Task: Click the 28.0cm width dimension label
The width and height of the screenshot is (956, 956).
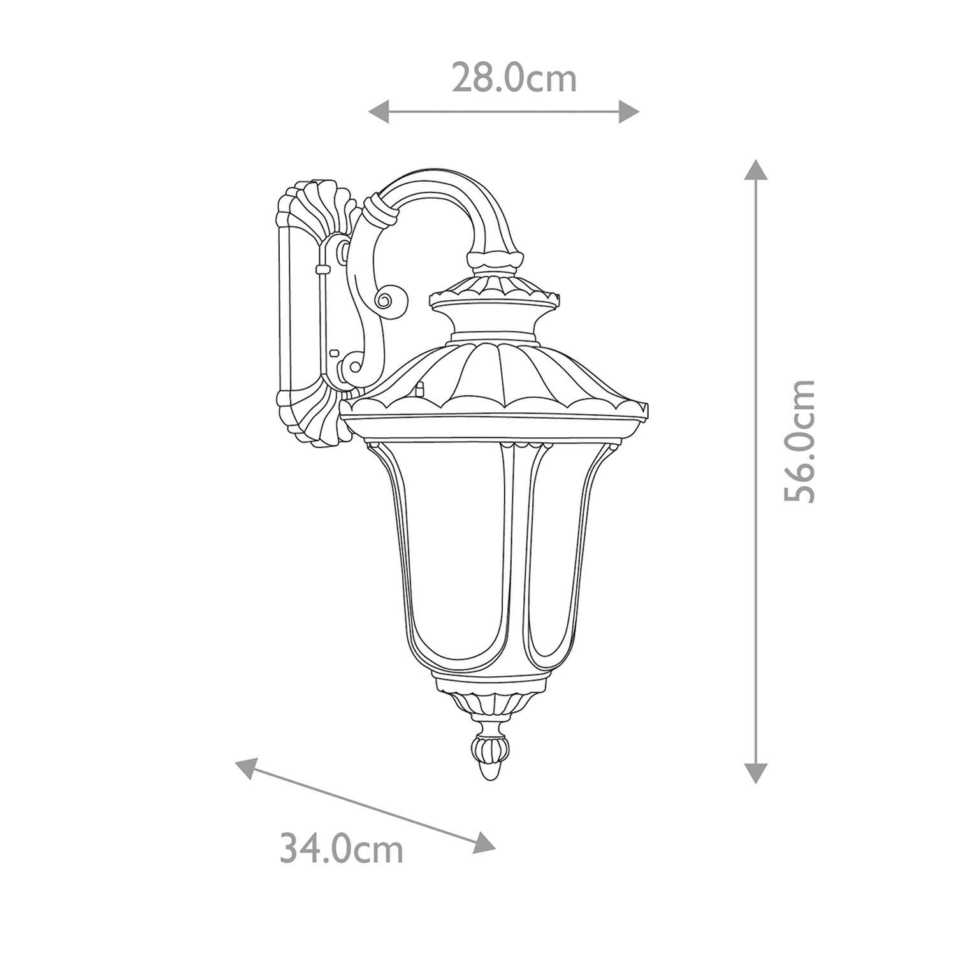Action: pos(514,79)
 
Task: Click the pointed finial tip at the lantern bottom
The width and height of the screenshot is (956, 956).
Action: pos(489,772)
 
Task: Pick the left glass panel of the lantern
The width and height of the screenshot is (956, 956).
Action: pos(446,561)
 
